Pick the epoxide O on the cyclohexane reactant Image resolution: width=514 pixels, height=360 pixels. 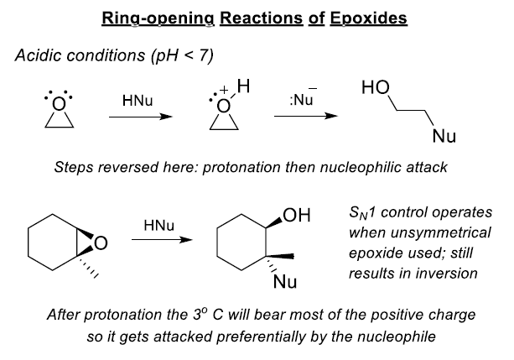click(101, 244)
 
